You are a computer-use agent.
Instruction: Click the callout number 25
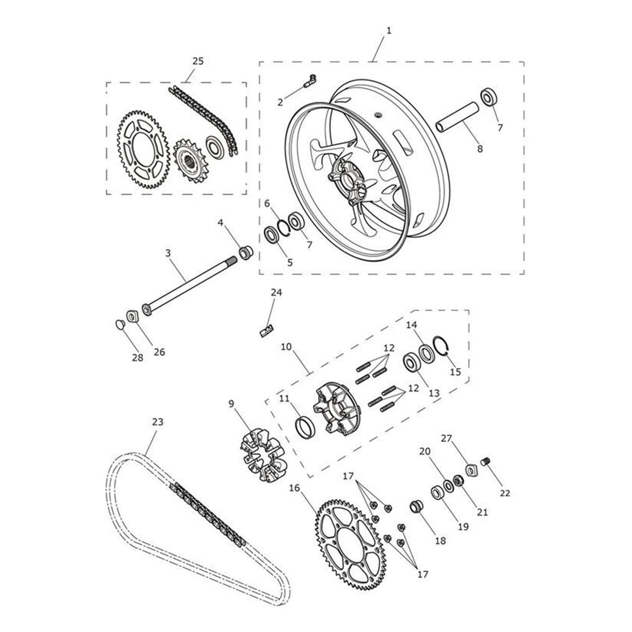coord(197,61)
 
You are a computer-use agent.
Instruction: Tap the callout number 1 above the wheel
coord(389,31)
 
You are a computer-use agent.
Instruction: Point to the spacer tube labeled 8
coord(458,117)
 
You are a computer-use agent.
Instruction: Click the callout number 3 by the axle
coord(168,253)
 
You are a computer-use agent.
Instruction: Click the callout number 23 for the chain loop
coord(157,422)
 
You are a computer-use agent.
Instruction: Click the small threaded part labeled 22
coord(487,462)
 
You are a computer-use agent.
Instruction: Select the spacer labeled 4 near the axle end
coord(246,252)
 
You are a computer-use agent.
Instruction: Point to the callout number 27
coord(447,438)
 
